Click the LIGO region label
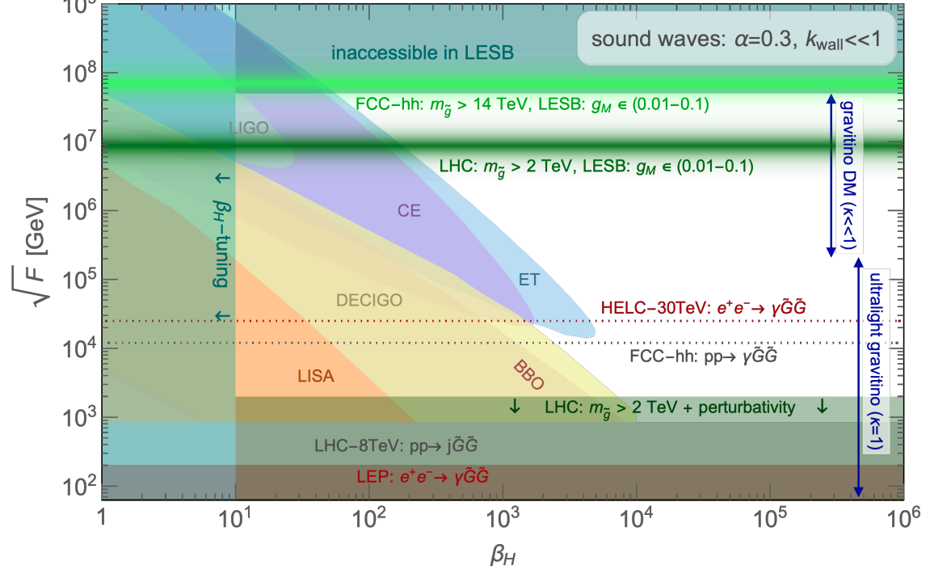coord(248,128)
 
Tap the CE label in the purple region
coord(410,209)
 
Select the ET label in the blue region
coord(529,279)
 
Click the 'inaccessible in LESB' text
coord(433,54)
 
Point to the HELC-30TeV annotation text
coord(702,307)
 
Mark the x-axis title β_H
coord(502,555)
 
